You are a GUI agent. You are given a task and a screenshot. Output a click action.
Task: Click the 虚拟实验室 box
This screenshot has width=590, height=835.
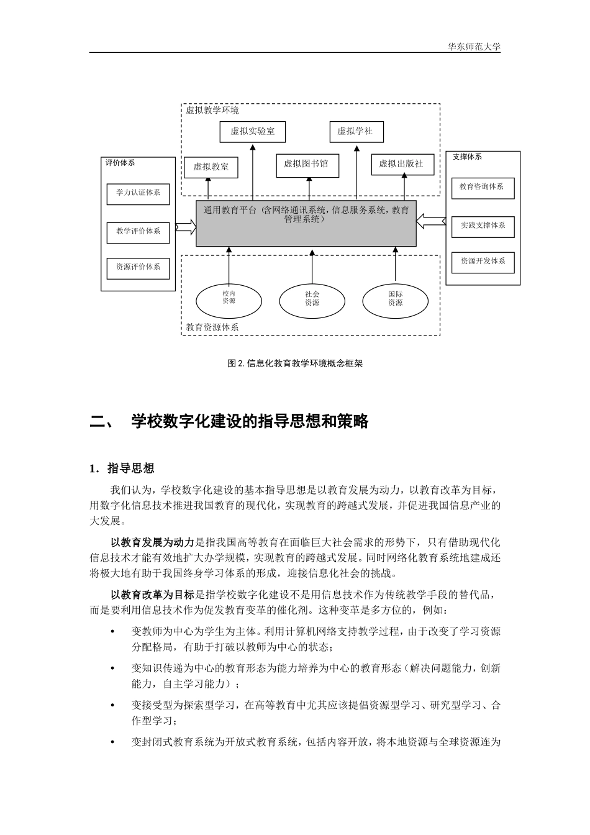[252, 131]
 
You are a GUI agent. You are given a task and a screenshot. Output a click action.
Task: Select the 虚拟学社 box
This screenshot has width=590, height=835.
[356, 131]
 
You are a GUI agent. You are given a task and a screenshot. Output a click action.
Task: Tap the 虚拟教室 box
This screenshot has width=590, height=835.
[211, 167]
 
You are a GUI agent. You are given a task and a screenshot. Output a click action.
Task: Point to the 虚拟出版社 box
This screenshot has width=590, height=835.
[402, 164]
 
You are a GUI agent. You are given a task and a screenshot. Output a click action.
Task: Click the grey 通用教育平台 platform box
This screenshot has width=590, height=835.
[306, 224]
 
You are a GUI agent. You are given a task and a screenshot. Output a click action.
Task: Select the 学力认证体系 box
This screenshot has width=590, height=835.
[138, 193]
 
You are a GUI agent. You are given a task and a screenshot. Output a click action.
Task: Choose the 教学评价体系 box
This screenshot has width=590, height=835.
[138, 232]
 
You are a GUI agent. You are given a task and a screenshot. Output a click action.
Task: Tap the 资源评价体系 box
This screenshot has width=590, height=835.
[138, 268]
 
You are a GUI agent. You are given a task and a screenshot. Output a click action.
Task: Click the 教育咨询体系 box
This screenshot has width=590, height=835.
[483, 187]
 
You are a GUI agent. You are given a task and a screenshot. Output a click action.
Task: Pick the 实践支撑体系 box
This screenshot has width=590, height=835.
[483, 226]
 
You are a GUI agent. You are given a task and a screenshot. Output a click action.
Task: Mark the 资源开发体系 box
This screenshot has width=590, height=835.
[483, 262]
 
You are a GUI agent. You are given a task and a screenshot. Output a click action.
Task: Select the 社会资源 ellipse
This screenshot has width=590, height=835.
[312, 299]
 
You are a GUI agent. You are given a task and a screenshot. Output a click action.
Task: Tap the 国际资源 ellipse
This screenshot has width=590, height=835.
[395, 299]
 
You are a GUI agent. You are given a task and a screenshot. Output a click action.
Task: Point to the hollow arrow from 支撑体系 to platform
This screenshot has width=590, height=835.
[431, 220]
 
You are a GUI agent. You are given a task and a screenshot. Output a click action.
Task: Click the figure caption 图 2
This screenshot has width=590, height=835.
[295, 363]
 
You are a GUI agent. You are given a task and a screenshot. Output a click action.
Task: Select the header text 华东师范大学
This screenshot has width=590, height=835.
[474, 47]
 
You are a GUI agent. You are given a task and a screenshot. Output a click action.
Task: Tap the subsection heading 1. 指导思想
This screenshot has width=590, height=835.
[122, 468]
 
